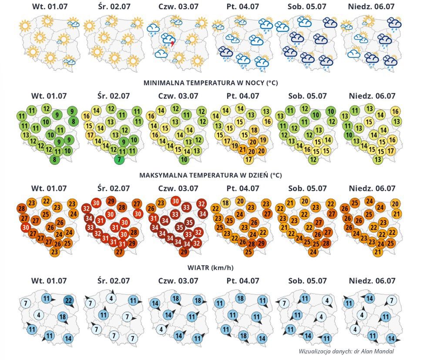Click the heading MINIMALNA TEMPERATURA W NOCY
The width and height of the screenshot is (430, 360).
(x=210, y=83)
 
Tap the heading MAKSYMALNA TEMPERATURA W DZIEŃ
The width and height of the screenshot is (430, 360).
(x=210, y=175)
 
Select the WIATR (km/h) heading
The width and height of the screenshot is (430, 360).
(x=211, y=267)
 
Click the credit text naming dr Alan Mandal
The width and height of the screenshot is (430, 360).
(x=347, y=351)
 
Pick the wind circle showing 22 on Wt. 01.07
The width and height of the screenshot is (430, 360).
(x=69, y=300)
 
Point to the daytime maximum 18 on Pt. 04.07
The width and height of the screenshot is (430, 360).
(x=225, y=203)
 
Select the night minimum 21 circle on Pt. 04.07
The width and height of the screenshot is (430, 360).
(x=242, y=149)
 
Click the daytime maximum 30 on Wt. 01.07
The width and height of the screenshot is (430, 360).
(x=25, y=227)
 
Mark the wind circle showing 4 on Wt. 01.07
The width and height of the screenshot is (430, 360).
(x=39, y=315)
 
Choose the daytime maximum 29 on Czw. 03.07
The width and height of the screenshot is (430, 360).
(x=184, y=252)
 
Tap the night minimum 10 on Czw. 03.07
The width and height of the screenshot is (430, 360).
(x=184, y=159)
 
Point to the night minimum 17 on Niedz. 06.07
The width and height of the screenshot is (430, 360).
(x=390, y=151)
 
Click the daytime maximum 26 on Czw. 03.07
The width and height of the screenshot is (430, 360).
(x=151, y=209)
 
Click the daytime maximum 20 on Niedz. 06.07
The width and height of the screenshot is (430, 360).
(x=395, y=203)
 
